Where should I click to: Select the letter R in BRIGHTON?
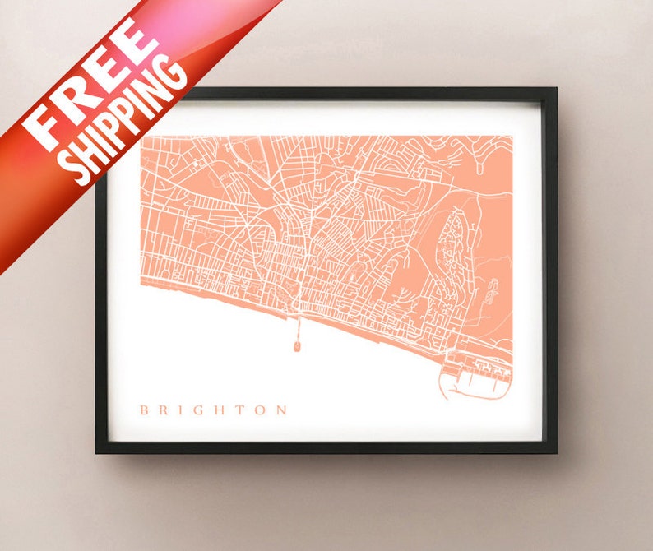(x=164, y=410)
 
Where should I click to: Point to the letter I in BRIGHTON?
(x=180, y=410)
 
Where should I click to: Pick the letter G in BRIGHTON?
(x=197, y=410)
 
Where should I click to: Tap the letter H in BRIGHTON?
(x=219, y=410)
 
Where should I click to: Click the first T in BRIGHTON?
(x=239, y=410)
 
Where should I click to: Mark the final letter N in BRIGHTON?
(x=281, y=410)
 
